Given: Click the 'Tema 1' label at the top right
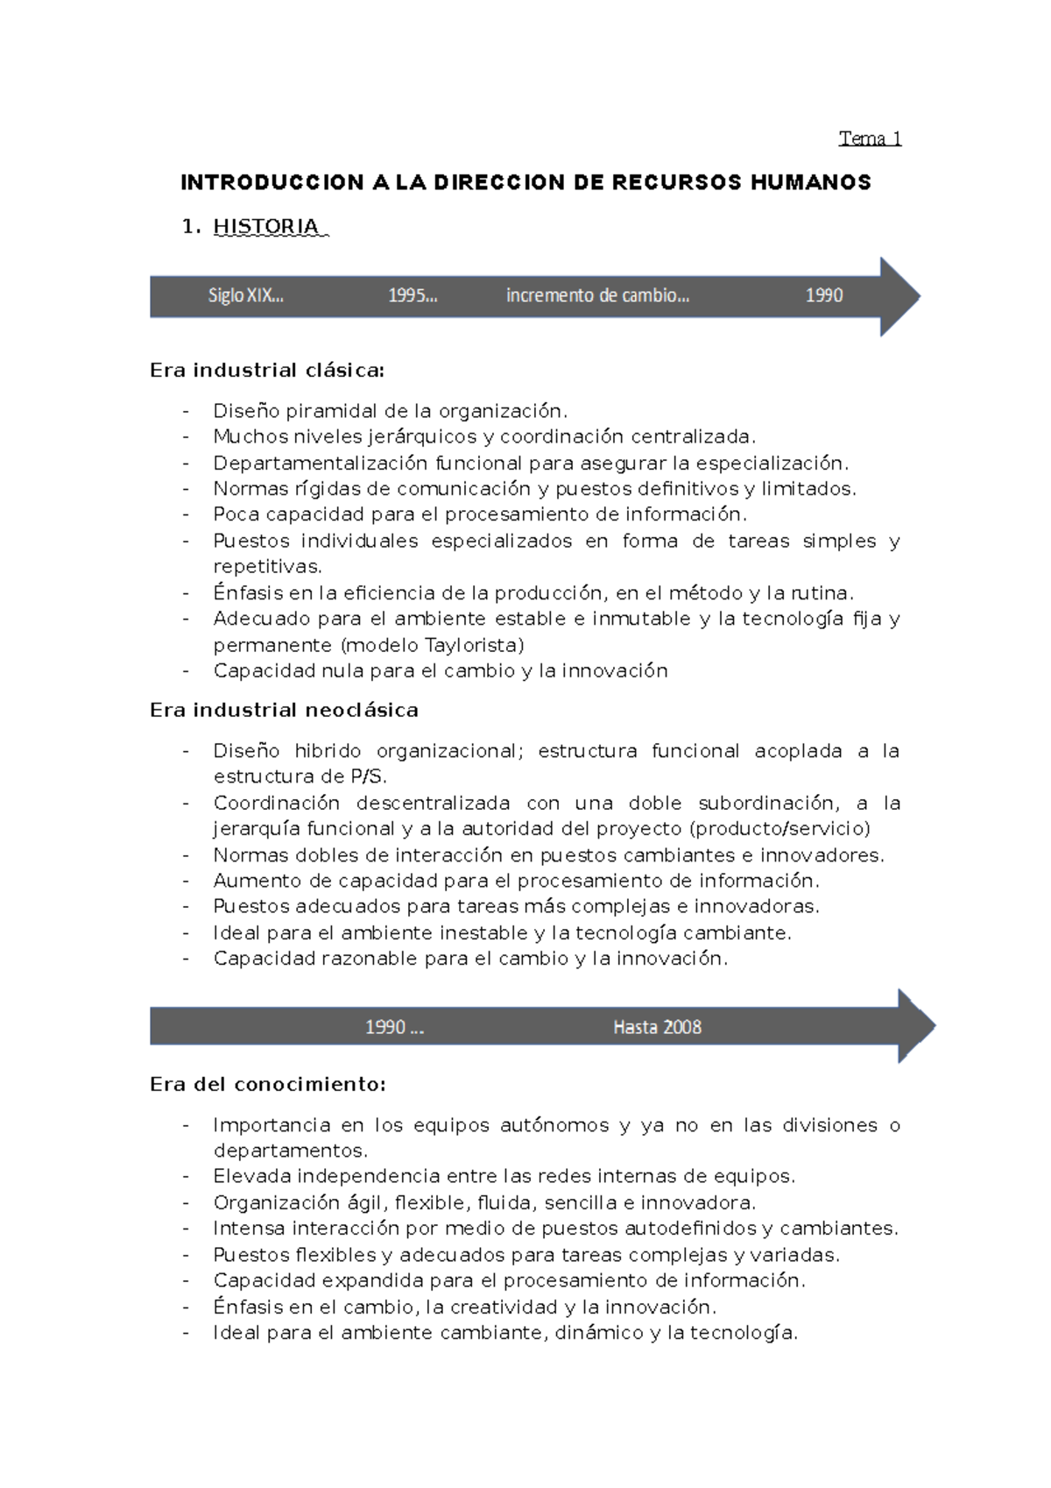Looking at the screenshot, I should click(x=870, y=138).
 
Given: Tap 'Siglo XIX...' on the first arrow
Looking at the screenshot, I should click(x=245, y=296).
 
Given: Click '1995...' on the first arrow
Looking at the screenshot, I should click(x=413, y=296).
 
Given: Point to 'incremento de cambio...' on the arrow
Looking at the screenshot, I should click(x=597, y=296).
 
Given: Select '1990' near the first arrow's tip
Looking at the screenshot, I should click(x=824, y=296).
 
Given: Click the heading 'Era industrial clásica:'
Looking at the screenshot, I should click(x=267, y=371).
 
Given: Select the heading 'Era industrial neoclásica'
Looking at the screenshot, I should click(x=284, y=711).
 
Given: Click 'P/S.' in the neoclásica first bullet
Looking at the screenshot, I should click(x=368, y=777).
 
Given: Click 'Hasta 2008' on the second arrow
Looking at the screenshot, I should click(x=657, y=1027).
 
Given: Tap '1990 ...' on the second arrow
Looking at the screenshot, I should click(x=394, y=1027).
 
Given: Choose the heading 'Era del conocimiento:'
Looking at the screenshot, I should click(x=267, y=1085).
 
